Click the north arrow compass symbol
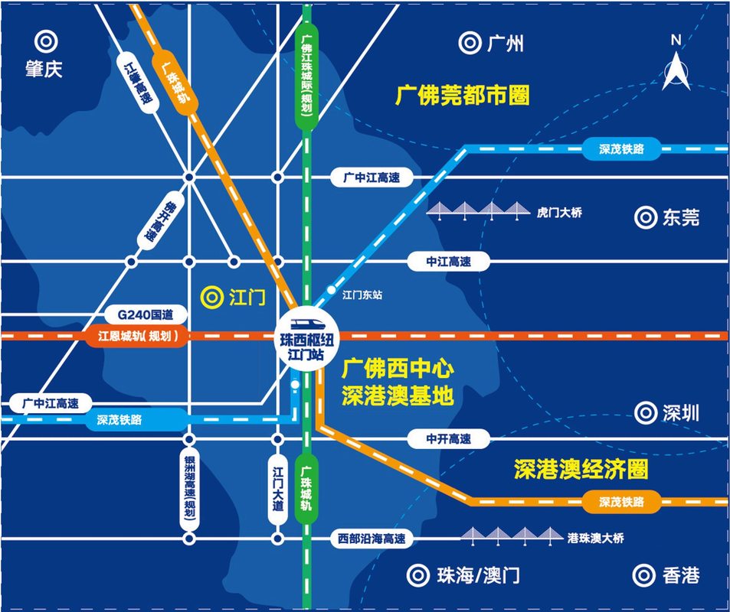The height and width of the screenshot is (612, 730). click(x=676, y=65)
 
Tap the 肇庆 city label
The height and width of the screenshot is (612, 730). click(x=43, y=69)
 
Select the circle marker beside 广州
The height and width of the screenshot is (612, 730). click(x=469, y=43)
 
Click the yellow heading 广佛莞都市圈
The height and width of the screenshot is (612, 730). click(x=463, y=96)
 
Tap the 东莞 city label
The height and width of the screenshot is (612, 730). click(x=680, y=218)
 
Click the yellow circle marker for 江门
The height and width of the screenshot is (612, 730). click(x=211, y=296)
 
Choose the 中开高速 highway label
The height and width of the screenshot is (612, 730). click(x=448, y=439)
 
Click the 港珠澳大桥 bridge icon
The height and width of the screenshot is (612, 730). click(x=509, y=537)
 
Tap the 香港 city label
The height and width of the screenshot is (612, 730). click(x=680, y=575)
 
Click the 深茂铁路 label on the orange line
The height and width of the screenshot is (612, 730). click(x=620, y=503)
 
